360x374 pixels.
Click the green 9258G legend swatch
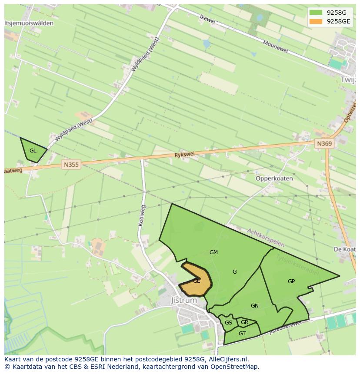[316, 13]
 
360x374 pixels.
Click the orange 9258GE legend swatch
[316, 21]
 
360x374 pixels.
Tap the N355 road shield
[71, 164]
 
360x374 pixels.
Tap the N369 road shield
[324, 144]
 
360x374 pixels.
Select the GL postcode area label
[33, 151]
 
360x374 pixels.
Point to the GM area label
[213, 252]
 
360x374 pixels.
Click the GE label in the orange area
[197, 281]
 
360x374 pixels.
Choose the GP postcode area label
[291, 281]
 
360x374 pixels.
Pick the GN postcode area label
[255, 306]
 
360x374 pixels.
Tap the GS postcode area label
[228, 323]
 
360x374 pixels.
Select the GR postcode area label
[244, 322]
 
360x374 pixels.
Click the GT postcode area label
[242, 334]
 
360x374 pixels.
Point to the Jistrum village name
[184, 300]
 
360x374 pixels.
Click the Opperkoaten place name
[274, 179]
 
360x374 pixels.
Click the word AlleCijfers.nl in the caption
[227, 359]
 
